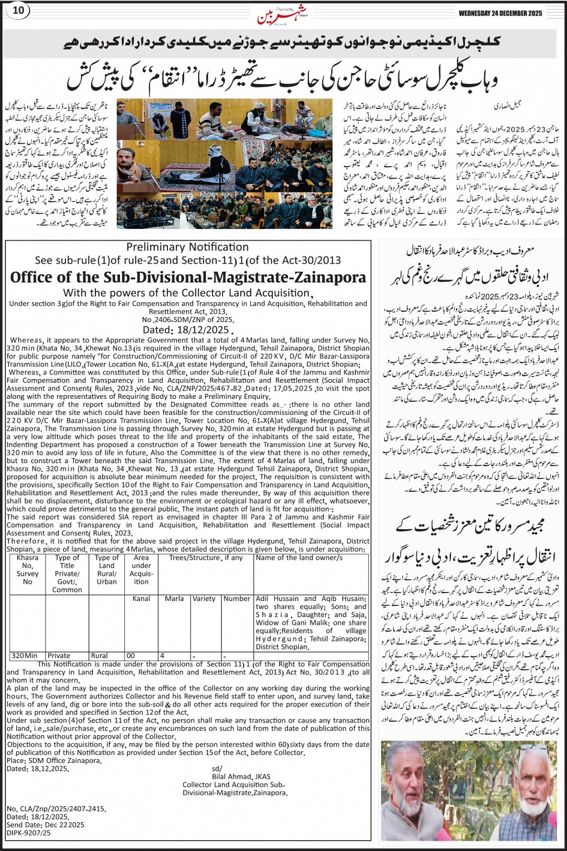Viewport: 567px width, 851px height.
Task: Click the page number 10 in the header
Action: tap(18, 10)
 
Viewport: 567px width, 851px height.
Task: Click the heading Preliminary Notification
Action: tap(187, 247)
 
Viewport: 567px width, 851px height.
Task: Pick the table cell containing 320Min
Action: tap(24, 656)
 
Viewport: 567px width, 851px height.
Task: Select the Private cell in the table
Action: tap(59, 656)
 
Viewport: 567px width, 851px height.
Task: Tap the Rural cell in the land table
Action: tap(100, 656)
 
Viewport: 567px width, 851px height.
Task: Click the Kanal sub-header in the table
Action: tap(142, 599)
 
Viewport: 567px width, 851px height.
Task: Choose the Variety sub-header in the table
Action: tap(204, 599)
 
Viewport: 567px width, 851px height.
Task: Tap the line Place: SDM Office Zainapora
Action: tap(54, 760)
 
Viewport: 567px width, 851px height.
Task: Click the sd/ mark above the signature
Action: tap(217, 768)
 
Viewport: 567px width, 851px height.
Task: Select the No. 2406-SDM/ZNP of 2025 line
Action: tap(187, 320)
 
